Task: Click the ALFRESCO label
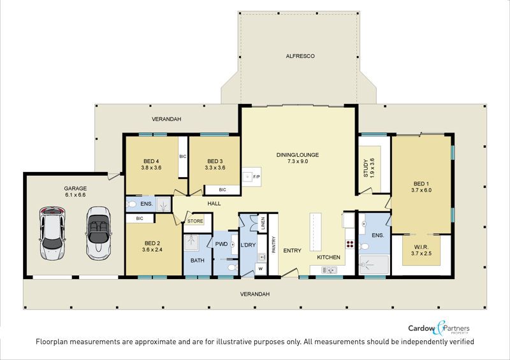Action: tap(300, 56)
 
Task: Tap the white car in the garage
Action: tap(52, 233)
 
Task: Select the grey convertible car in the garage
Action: tap(99, 233)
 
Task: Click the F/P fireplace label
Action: tap(256, 177)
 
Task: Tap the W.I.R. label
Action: tap(421, 247)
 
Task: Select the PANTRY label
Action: tap(273, 244)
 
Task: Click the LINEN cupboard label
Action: tap(263, 223)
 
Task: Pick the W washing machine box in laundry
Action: tap(261, 269)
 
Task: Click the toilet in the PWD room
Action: tap(231, 268)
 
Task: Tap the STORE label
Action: tap(195, 221)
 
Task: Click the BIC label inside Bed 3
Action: tap(222, 190)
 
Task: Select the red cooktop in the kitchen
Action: tap(349, 245)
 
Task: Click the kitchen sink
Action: tap(328, 270)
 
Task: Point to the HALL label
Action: tap(214, 204)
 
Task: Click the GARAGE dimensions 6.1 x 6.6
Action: tap(75, 195)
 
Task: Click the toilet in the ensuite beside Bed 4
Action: tap(131, 205)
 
